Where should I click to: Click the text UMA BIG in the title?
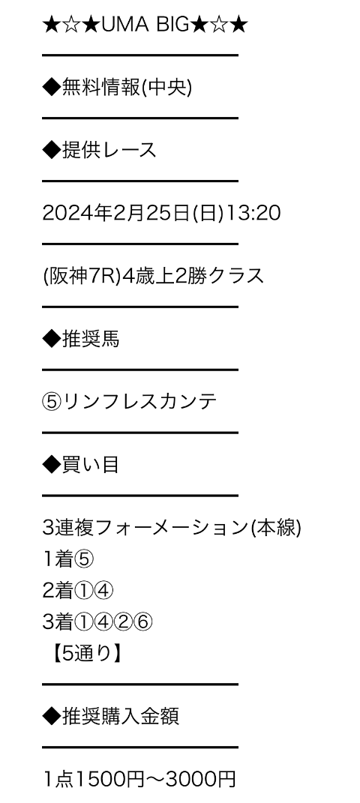click(145, 25)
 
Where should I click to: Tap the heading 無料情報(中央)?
click(127, 88)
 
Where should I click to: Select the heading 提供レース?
click(109, 150)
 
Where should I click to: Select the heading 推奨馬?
click(91, 339)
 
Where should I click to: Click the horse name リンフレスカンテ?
click(139, 402)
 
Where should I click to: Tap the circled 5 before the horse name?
click(52, 402)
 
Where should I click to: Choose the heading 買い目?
click(91, 465)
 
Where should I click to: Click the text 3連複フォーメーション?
click(145, 528)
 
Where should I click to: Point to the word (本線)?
click(276, 528)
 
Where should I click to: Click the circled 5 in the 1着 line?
click(85, 560)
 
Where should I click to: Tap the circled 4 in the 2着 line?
click(104, 592)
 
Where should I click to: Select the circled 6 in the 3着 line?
click(142, 623)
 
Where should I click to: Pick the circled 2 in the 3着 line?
click(124, 623)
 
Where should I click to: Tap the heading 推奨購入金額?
click(120, 717)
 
